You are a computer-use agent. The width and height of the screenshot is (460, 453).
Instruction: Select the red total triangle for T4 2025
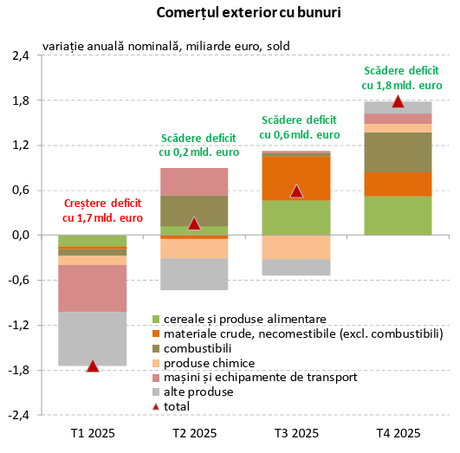[x=398, y=101]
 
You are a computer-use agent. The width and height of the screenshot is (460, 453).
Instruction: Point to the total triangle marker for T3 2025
[x=296, y=191]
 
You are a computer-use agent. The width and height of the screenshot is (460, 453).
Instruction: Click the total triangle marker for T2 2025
[x=194, y=223]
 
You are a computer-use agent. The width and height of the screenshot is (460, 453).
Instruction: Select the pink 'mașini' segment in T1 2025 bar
[x=93, y=288]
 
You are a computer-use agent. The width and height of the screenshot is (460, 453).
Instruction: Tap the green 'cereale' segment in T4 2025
[x=398, y=216]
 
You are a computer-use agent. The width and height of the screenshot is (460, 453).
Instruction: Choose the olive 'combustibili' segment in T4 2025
[x=398, y=152]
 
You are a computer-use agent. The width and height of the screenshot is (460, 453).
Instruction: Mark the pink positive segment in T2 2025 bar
[x=194, y=181]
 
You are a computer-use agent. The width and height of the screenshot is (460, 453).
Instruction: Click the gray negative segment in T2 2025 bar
[x=194, y=274]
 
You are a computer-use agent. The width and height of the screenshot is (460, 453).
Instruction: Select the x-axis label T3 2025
[x=296, y=433]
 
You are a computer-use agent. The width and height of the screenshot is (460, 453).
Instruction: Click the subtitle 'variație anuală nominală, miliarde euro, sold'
[x=165, y=45]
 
